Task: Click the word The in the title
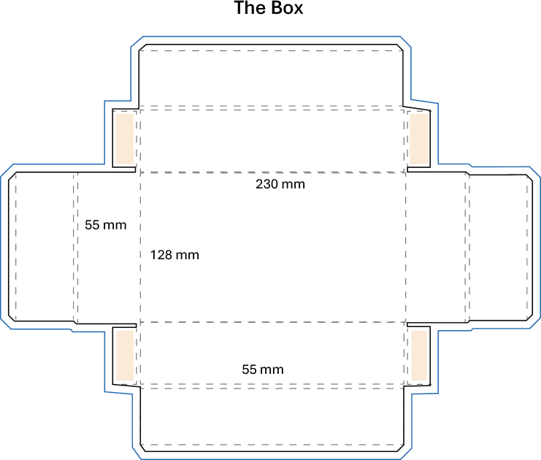tap(248, 9)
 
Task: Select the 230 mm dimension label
tap(280, 184)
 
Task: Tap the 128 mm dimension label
tap(174, 255)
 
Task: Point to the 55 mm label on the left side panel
tap(106, 225)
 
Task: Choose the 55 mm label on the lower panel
tap(263, 369)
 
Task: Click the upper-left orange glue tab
tap(125, 139)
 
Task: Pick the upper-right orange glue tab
tap(418, 139)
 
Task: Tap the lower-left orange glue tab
tap(125, 356)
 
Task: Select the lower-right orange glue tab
tap(419, 356)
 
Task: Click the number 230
tap(267, 184)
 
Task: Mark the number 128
tap(161, 255)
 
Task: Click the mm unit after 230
tap(293, 184)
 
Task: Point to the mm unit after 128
tap(188, 255)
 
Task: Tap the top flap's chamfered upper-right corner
tap(401, 47)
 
